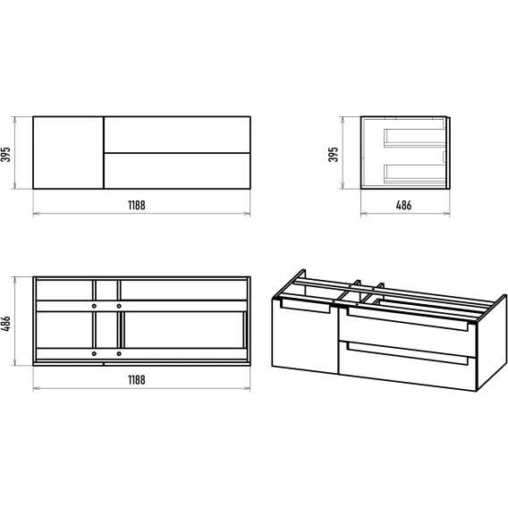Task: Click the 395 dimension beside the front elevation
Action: pyautogui.click(x=6, y=155)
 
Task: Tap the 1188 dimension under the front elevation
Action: pyautogui.click(x=137, y=206)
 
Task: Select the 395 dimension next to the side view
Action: pyautogui.click(x=334, y=155)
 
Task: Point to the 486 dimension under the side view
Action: pyautogui.click(x=403, y=206)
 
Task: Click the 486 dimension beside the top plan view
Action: pyautogui.click(x=6, y=324)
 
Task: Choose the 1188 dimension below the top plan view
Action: pyautogui.click(x=137, y=380)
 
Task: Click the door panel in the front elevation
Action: pyautogui.click(x=68, y=153)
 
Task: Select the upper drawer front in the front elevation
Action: pyautogui.click(x=177, y=134)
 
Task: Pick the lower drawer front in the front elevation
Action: pyautogui.click(x=177, y=171)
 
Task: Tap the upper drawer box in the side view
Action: pyautogui.click(x=415, y=138)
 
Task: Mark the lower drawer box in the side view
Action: pyautogui.click(x=415, y=174)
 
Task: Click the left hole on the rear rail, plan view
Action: pyautogui.click(x=94, y=306)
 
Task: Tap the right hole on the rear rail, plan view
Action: pyautogui.click(x=119, y=306)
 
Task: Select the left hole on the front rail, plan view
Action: pyautogui.click(x=94, y=353)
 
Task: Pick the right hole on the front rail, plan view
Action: pyautogui.click(x=119, y=353)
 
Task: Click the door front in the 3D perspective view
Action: pyautogui.click(x=305, y=336)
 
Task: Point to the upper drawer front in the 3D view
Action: pyautogui.click(x=407, y=333)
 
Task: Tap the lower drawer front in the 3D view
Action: pyautogui.click(x=407, y=366)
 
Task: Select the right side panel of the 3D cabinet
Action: pyautogui.click(x=491, y=343)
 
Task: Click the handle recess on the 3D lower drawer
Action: pyautogui.click(x=407, y=354)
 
